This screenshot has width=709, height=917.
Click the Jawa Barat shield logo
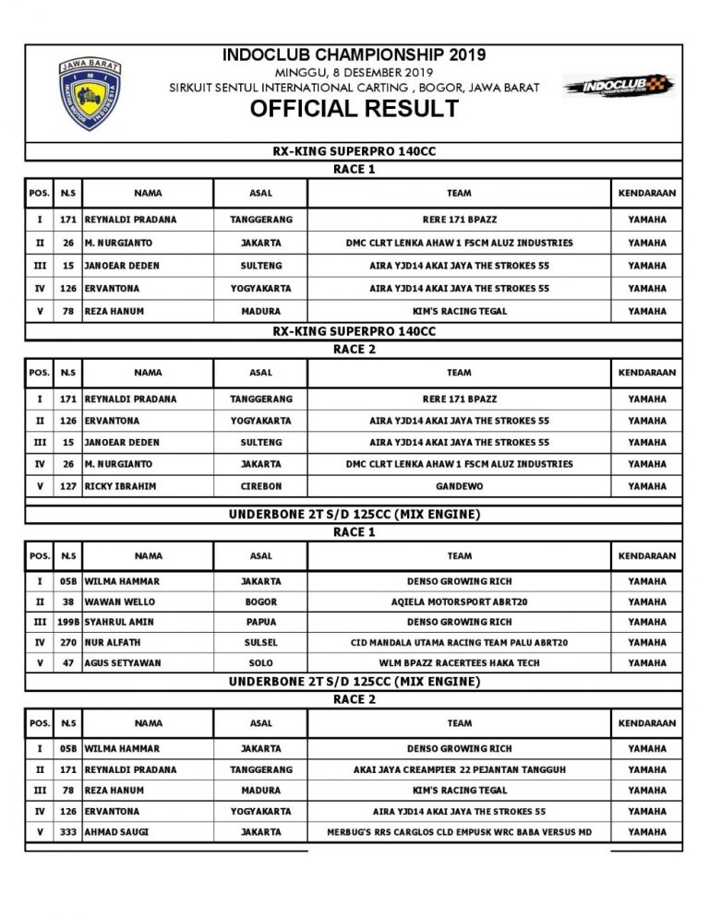coord(90,93)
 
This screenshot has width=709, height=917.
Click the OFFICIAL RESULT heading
coord(354,109)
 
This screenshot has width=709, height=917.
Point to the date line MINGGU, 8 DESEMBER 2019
coord(354,71)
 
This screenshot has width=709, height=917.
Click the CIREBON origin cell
coord(260,486)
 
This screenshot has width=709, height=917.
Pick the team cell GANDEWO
coord(459,486)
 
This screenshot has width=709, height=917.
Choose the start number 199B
coord(67,622)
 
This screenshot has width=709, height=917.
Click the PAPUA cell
coord(260,622)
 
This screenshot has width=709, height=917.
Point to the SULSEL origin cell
coord(260,642)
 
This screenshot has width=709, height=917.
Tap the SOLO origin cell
coord(260,662)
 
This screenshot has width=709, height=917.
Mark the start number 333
coord(67,832)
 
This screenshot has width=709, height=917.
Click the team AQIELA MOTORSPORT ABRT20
coord(459,601)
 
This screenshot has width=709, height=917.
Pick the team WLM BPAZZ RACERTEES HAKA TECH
coord(459,662)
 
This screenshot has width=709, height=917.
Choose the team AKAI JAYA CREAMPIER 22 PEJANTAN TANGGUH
coord(459,769)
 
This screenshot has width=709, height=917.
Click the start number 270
coord(67,642)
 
